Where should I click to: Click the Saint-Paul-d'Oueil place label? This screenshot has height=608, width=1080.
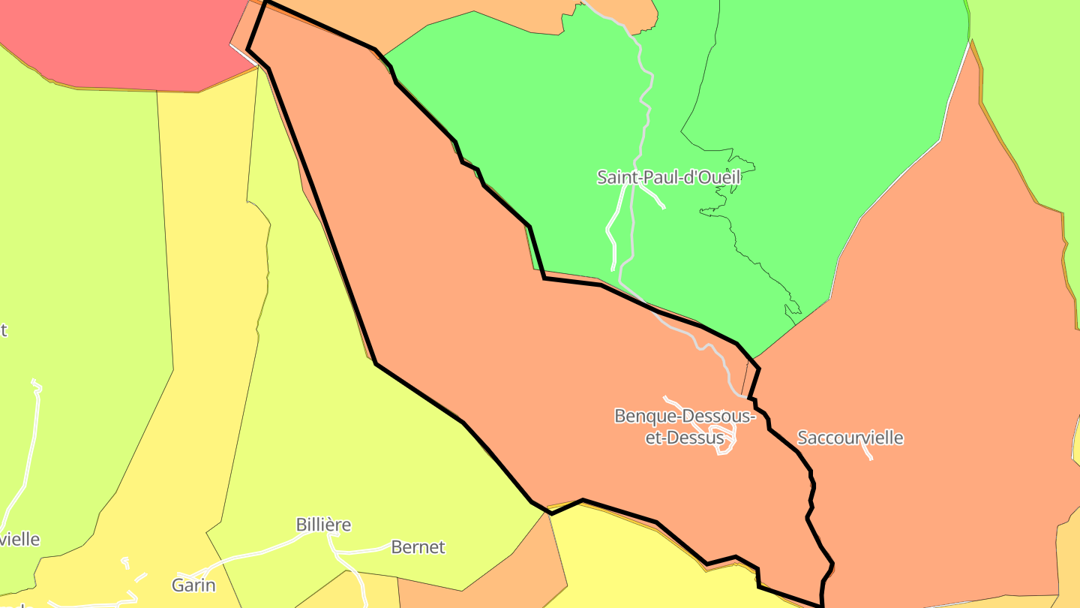(x=668, y=177)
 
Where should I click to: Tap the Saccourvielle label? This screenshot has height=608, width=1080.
(x=850, y=438)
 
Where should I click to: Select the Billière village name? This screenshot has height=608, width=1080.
(x=323, y=525)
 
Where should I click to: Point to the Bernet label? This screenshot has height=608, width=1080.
(x=418, y=547)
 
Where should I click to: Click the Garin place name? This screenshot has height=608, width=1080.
(x=193, y=585)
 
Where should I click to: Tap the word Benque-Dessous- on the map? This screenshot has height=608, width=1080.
(x=684, y=416)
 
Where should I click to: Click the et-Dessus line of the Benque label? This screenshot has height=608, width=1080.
(x=684, y=438)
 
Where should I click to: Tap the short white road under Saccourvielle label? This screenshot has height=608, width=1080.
(x=867, y=452)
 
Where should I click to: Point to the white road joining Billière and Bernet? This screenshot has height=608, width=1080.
(x=364, y=552)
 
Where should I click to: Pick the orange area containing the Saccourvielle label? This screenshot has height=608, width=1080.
(x=937, y=338)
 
